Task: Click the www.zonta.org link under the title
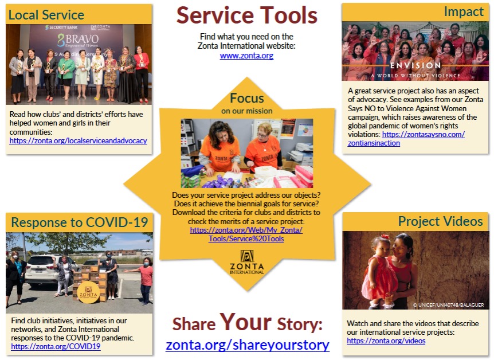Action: pyautogui.click(x=246, y=56)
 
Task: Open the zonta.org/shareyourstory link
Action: pyautogui.click(x=248, y=345)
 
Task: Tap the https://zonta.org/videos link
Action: pyautogui.click(x=386, y=341)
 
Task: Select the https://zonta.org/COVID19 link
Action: pyautogui.click(x=56, y=346)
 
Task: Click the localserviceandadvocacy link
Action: pyautogui.click(x=78, y=140)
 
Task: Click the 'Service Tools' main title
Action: pyautogui.click(x=246, y=15)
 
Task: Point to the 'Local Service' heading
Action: pyautogui.click(x=46, y=15)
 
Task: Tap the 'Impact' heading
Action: pyautogui.click(x=464, y=11)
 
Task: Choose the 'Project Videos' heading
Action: pyautogui.click(x=441, y=221)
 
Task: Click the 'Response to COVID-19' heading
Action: pyautogui.click(x=80, y=222)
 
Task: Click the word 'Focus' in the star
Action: pyautogui.click(x=246, y=98)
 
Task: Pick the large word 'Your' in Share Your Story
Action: pyautogui.click(x=245, y=322)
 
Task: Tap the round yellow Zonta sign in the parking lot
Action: pyautogui.click(x=88, y=292)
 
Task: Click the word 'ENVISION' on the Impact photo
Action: pyautogui.click(x=415, y=65)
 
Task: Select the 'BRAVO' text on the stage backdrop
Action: pyautogui.click(x=78, y=40)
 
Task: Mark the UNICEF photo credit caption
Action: pyautogui.click(x=448, y=305)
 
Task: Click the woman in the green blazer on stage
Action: pyautogui.click(x=66, y=76)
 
